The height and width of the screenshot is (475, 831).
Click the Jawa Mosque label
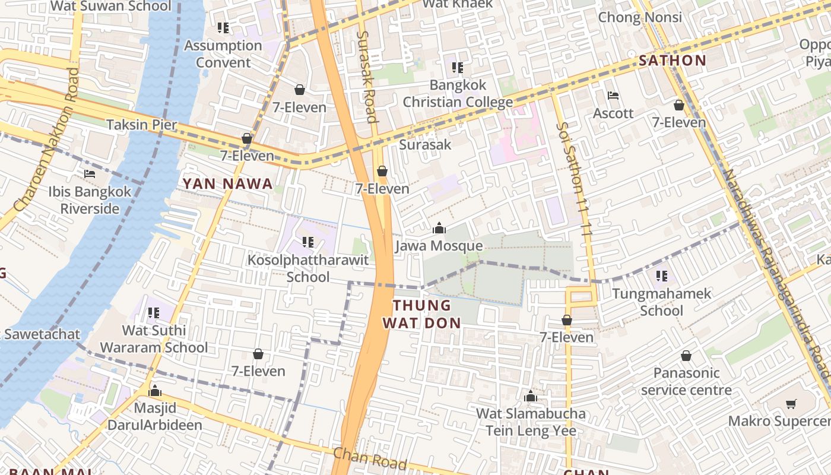[x=439, y=246]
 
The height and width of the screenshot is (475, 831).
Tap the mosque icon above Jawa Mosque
[x=439, y=228]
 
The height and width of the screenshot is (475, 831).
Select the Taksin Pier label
[x=142, y=125]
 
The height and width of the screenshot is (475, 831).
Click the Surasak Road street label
[x=367, y=77]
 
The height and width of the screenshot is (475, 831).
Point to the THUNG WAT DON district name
[x=422, y=314]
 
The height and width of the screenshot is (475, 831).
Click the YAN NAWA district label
[x=228, y=184]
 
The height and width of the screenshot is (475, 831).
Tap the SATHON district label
[x=673, y=61]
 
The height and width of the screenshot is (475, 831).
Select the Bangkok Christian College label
[x=458, y=94]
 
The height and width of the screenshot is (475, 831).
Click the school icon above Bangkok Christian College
[x=457, y=68]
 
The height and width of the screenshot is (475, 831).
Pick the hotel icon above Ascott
[x=613, y=95]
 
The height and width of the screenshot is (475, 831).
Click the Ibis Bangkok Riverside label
[x=90, y=200]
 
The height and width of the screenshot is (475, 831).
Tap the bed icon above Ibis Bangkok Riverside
[x=90, y=174]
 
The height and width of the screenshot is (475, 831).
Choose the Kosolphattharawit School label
[x=308, y=268]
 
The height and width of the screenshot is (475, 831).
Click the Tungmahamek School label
[x=662, y=302]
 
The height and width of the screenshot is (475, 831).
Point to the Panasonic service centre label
[x=686, y=381]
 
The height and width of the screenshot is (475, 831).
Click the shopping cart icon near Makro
[x=791, y=404]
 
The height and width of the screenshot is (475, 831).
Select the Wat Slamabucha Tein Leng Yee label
[x=531, y=422]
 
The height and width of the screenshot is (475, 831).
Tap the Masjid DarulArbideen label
[x=155, y=416]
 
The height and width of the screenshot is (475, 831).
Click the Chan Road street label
[x=369, y=458]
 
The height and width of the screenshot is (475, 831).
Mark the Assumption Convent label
[x=223, y=53]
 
